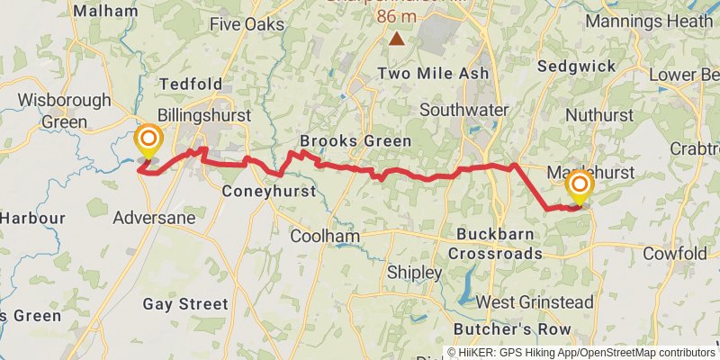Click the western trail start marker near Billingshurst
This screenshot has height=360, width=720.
pos(148,141)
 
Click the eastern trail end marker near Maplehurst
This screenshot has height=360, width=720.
pos(579,188)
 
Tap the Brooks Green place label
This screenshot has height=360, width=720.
pos(355,141)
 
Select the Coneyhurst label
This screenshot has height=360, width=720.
pos(269,192)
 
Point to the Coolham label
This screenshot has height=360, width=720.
pos(325,237)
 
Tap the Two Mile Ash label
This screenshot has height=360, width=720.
pos(434,73)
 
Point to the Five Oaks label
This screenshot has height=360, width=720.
pos(246,24)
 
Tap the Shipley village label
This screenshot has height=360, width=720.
pos(414,272)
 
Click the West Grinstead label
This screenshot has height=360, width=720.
pos(535,301)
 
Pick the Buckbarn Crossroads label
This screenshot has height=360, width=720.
pos(497,243)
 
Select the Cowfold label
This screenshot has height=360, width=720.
pos(675,255)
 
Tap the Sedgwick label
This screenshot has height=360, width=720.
pos(576,66)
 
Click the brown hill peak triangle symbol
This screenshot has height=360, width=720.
pos(397,39)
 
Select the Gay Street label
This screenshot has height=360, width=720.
pos(185,304)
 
